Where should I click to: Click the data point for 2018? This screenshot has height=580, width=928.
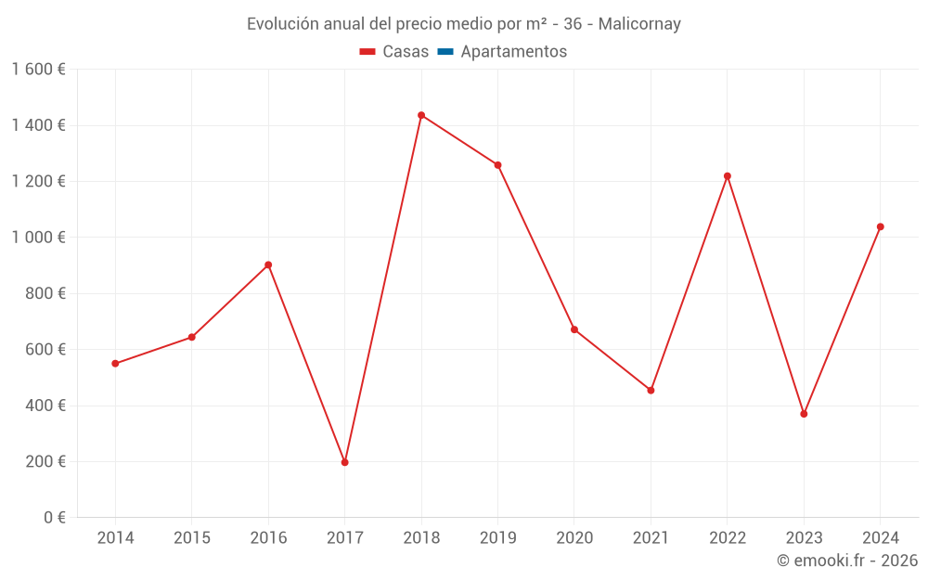(x=421, y=115)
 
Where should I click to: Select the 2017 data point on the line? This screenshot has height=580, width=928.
(x=345, y=462)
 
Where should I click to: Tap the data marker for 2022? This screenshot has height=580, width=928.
(x=728, y=176)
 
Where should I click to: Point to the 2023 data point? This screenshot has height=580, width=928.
(x=804, y=414)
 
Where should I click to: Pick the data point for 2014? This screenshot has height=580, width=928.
(x=115, y=364)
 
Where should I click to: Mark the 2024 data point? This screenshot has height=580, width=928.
(x=881, y=226)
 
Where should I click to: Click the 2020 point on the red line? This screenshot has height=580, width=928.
(x=574, y=329)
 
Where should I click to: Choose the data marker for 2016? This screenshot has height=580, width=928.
(x=268, y=264)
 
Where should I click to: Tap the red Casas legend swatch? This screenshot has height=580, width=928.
(x=367, y=52)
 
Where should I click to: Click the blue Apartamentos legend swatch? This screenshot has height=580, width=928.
(x=445, y=52)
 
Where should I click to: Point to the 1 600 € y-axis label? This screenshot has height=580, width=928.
(x=38, y=70)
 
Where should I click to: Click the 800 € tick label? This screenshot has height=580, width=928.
(x=44, y=293)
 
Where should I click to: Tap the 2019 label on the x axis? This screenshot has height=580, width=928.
(x=497, y=538)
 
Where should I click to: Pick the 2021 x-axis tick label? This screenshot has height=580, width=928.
(x=651, y=538)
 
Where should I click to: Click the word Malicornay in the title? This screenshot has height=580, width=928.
(x=639, y=24)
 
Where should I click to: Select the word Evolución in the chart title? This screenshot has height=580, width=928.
(x=281, y=24)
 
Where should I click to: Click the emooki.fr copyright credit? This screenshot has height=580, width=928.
(x=846, y=561)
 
